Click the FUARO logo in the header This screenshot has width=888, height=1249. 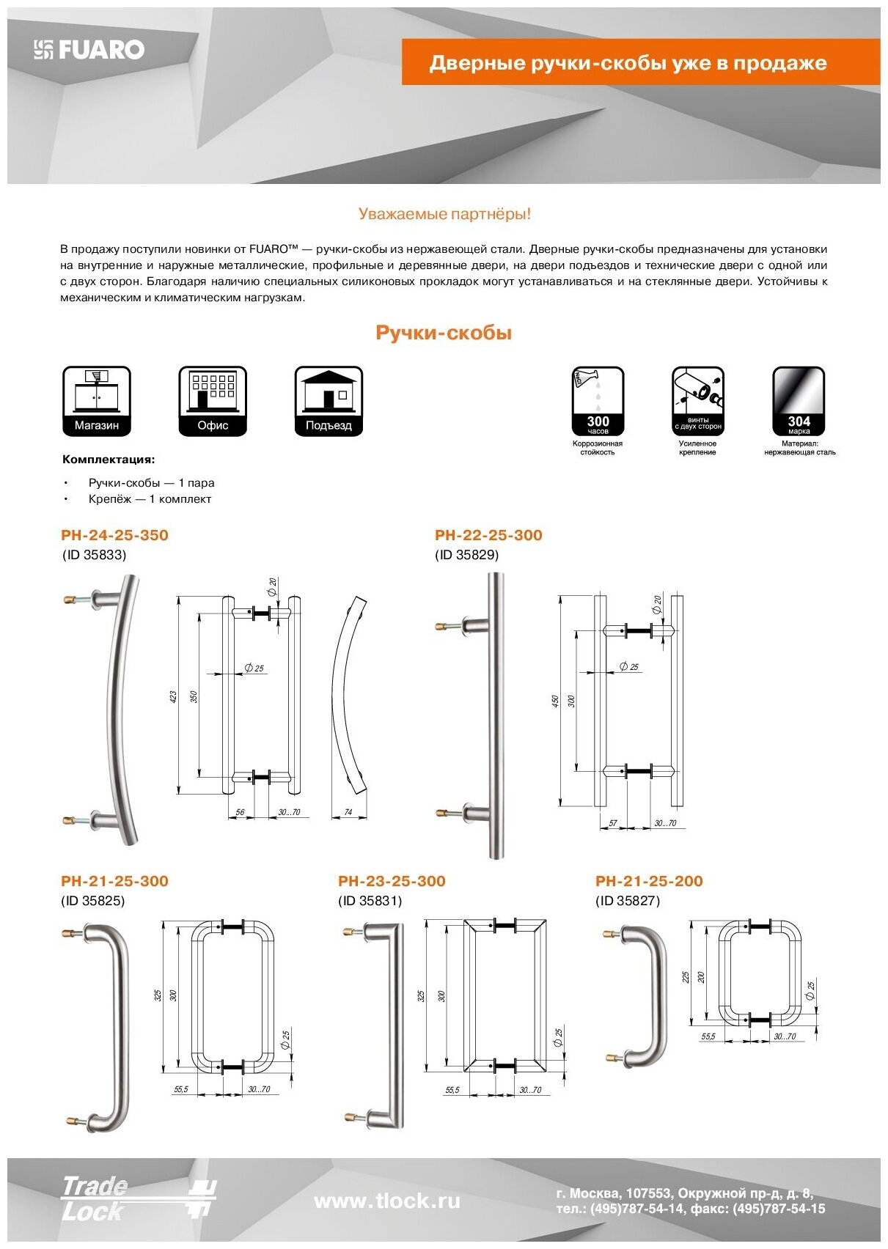(x=89, y=50)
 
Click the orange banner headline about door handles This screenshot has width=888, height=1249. (x=628, y=63)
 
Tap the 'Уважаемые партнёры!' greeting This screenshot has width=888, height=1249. (x=444, y=214)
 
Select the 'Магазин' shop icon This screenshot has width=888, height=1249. (x=97, y=401)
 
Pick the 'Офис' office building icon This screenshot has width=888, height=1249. (x=213, y=401)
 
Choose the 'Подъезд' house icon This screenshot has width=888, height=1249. (x=329, y=401)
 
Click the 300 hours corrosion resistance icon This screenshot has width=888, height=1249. (x=598, y=401)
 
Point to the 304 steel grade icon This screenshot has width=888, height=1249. (x=799, y=401)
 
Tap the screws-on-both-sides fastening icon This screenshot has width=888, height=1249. (x=698, y=401)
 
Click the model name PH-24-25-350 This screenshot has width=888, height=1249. (x=114, y=535)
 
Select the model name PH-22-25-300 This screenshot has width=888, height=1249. (x=488, y=535)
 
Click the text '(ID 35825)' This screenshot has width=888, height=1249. (x=92, y=901)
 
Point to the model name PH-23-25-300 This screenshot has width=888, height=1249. (x=392, y=881)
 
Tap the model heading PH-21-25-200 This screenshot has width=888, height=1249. (x=649, y=881)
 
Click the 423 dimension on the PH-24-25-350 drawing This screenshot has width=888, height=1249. (x=174, y=696)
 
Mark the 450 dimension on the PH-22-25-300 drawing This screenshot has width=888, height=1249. (x=555, y=701)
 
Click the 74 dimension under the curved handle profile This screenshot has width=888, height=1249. (x=348, y=812)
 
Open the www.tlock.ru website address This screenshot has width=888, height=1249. (x=387, y=1201)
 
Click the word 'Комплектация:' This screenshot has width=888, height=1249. (x=109, y=460)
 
